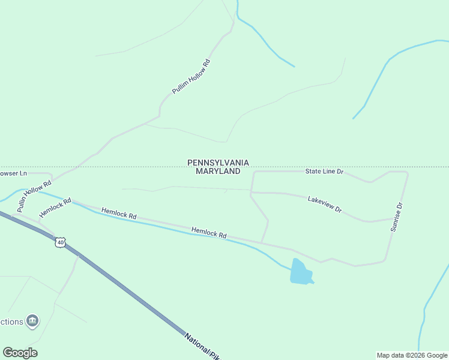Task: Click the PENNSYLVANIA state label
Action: tap(218, 163)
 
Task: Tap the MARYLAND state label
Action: tap(218, 171)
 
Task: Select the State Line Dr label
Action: tap(324, 172)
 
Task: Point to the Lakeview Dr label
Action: tap(325, 204)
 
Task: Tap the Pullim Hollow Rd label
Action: tap(191, 76)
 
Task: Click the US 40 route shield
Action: tap(59, 242)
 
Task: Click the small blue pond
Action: tap(301, 272)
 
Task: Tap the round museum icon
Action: tap(32, 321)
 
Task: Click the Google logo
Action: tap(20, 352)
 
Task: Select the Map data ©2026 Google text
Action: tap(412, 355)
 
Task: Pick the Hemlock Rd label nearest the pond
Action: tap(208, 232)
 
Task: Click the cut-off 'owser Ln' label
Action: tap(13, 173)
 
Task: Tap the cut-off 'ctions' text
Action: tap(11, 322)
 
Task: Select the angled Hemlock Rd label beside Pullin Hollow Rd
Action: tap(55, 208)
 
